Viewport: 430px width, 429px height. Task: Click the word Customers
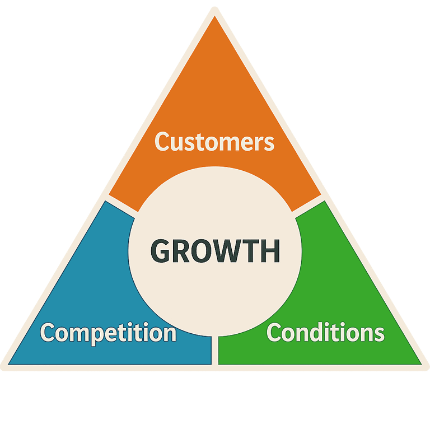pos(214,142)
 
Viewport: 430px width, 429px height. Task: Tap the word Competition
pos(108,333)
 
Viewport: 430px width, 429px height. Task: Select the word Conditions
pos(325,333)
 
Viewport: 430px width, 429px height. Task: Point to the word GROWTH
pos(216,251)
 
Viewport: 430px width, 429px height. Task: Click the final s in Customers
pos(269,143)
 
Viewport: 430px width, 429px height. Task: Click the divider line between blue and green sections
pos(214,350)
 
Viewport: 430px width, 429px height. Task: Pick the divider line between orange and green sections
pos(307,205)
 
